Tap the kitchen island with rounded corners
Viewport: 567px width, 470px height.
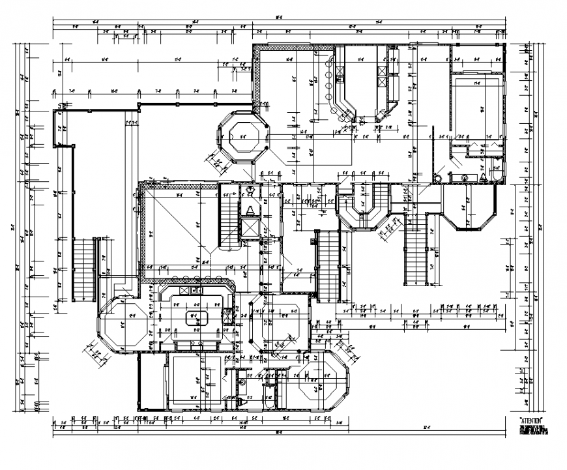194,319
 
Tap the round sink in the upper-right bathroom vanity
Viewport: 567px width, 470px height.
465,177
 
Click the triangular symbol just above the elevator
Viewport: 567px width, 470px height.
250,209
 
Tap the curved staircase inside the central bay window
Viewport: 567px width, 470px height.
362,207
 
